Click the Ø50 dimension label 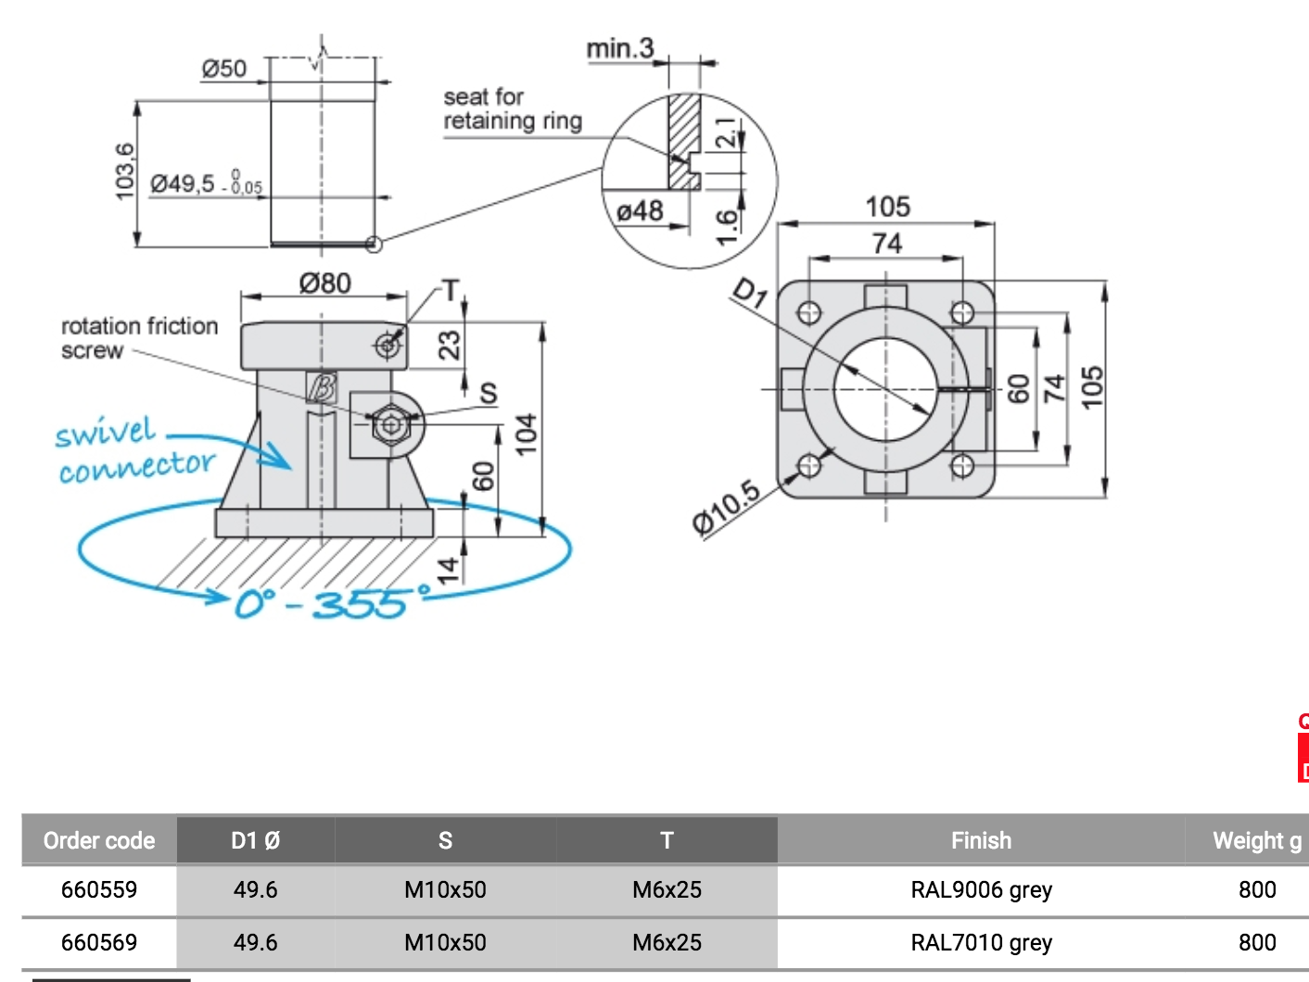[x=224, y=69]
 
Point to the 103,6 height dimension [x=125, y=171]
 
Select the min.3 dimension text [x=619, y=48]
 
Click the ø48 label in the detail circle [x=640, y=211]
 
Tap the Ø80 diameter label [x=324, y=283]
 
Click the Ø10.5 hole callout [x=726, y=508]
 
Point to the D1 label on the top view [x=750, y=293]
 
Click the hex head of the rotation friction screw [x=390, y=425]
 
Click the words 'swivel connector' [x=134, y=450]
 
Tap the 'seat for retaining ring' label [x=512, y=109]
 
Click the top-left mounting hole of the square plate [x=809, y=312]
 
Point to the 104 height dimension [x=526, y=434]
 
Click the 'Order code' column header [x=99, y=840]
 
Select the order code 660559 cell [x=99, y=889]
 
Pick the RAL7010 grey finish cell [x=981, y=942]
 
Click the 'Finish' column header [x=981, y=840]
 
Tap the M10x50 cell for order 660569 [x=445, y=942]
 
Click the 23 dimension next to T [x=449, y=346]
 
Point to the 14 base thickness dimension [x=448, y=569]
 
